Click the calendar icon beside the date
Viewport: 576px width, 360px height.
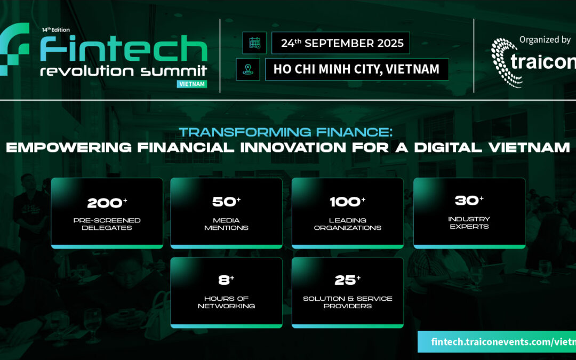tap(254, 43)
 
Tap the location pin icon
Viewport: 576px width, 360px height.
tap(248, 69)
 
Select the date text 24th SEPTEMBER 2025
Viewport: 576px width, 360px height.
tap(342, 43)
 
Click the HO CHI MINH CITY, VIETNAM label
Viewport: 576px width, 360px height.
tap(356, 69)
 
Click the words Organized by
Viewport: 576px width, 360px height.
tap(545, 39)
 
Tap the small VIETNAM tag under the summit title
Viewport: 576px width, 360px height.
tap(191, 84)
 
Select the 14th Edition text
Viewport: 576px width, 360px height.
tap(55, 30)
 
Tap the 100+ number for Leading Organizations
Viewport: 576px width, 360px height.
tap(347, 203)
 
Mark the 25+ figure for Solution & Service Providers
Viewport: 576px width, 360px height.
tap(347, 281)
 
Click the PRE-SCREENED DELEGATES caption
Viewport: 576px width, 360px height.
tap(107, 224)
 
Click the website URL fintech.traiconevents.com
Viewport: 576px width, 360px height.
tap(496, 341)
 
